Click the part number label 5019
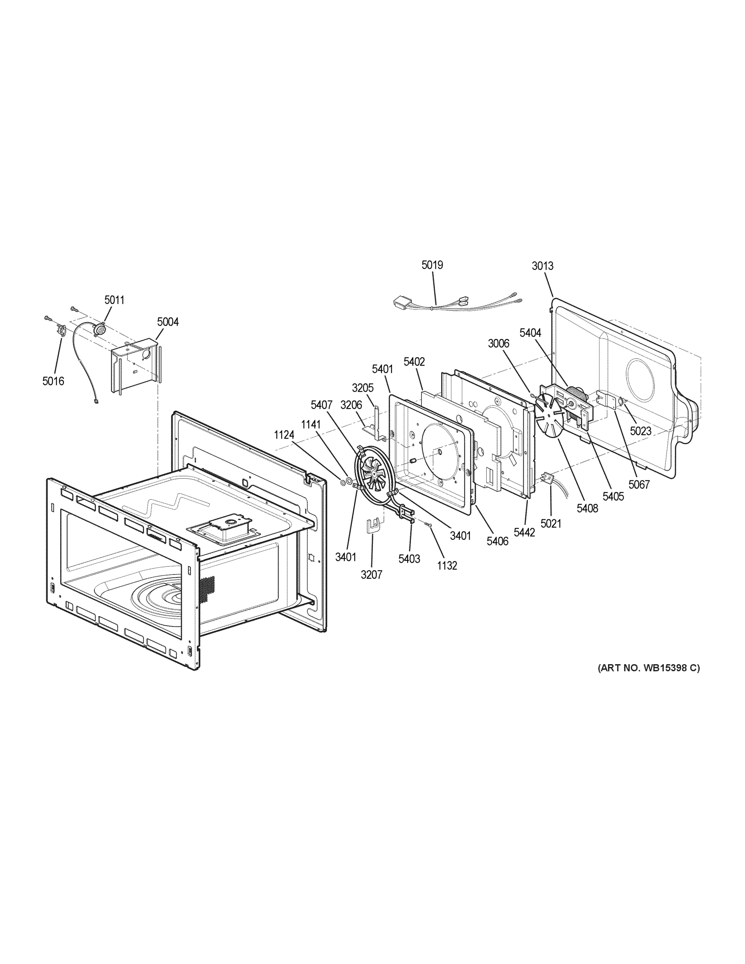[x=432, y=265]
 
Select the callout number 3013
[x=543, y=266]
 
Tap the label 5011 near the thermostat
[x=114, y=300]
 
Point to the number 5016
[x=53, y=381]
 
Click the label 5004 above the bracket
[x=168, y=322]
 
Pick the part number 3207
[x=371, y=575]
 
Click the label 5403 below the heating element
[x=409, y=559]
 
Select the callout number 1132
[x=447, y=566]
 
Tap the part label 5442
[x=525, y=533]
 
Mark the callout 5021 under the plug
[x=551, y=523]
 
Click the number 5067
[x=639, y=485]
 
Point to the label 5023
[x=641, y=431]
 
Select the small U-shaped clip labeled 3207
[x=374, y=526]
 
